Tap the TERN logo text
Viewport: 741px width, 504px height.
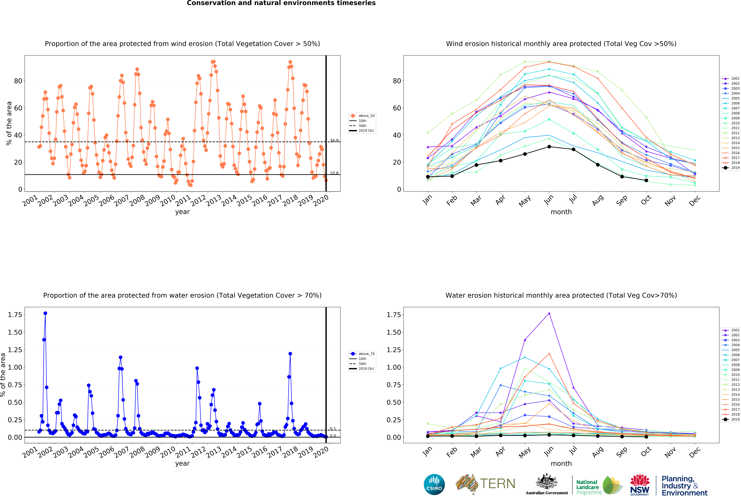497,484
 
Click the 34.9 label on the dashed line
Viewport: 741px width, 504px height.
334,140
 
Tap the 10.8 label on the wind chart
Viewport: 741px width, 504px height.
334,173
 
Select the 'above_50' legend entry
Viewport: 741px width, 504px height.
362,116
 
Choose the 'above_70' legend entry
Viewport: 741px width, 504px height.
362,354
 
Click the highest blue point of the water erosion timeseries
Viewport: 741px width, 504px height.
45,313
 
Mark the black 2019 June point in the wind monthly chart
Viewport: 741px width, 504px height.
549,147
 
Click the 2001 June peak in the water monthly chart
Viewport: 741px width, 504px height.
549,313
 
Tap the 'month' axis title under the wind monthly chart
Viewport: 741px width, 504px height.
561,212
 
